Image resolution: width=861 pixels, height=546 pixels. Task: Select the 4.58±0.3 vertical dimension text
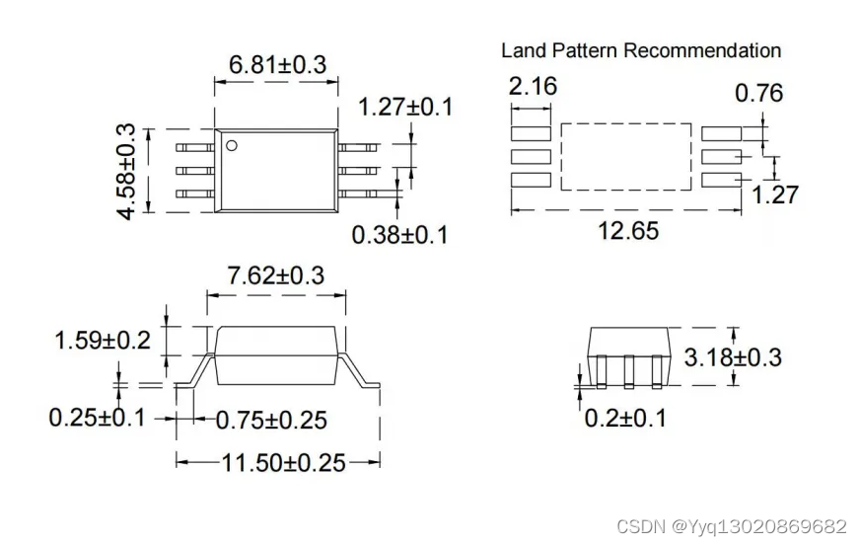point(126,171)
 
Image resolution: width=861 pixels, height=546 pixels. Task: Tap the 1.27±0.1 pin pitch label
point(405,107)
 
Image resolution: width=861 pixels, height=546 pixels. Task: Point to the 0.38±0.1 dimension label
point(399,235)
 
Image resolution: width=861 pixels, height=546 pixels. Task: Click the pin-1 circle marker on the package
point(232,146)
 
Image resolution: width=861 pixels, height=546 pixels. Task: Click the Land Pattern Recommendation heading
point(641,50)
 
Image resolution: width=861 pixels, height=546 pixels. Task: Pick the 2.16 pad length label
point(533,87)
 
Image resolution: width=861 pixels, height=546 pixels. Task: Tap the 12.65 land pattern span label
point(628,231)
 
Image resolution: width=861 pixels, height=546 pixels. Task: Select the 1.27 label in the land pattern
point(775,195)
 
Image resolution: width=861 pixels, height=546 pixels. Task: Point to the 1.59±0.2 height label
point(102,341)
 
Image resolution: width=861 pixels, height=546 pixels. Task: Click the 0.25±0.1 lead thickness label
point(97,418)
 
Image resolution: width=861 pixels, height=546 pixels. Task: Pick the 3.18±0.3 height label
point(734,356)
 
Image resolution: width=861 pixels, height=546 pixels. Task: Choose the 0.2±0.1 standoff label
point(625,418)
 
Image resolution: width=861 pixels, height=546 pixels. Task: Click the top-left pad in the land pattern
point(532,132)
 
